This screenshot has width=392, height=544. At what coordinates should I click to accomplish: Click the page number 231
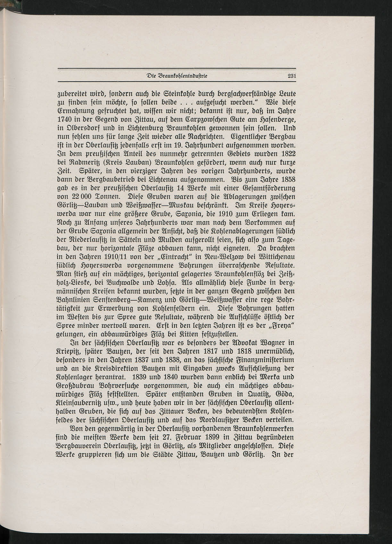point(291,76)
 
